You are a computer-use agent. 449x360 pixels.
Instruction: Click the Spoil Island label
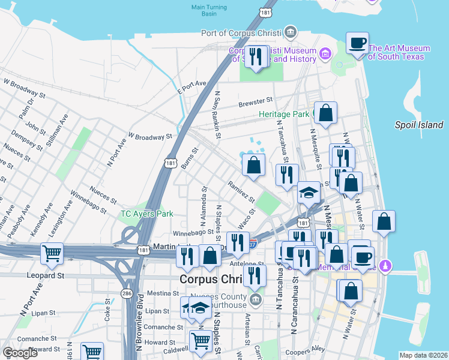click(419, 125)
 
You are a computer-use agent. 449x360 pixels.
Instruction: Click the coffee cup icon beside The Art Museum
click(358, 43)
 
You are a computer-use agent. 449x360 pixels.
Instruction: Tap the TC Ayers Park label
click(147, 214)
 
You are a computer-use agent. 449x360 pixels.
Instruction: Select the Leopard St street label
click(45, 275)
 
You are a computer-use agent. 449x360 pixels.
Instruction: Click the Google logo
click(20, 353)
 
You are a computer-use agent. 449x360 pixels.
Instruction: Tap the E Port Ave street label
click(191, 87)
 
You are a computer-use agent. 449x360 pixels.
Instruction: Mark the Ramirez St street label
click(241, 191)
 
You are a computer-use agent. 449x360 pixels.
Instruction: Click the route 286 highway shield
click(127, 293)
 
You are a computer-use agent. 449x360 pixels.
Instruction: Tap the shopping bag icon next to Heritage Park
click(325, 113)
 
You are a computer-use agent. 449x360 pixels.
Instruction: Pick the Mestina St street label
click(160, 293)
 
